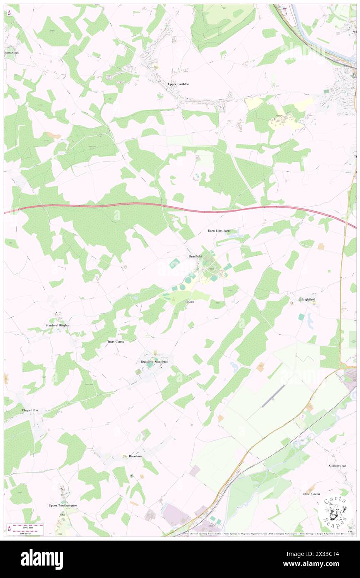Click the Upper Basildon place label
[x=178, y=84]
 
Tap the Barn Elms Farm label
[x=219, y=230]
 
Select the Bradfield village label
[x=195, y=257]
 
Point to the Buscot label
[x=189, y=301]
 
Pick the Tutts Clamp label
[x=116, y=341]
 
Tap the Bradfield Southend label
[x=154, y=362]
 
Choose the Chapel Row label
[x=30, y=410]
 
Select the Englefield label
[x=308, y=299]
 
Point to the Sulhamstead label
[x=337, y=466]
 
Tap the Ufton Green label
[x=311, y=494]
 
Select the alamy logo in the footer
[x=42, y=559]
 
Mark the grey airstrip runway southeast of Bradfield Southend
[x=273, y=396]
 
